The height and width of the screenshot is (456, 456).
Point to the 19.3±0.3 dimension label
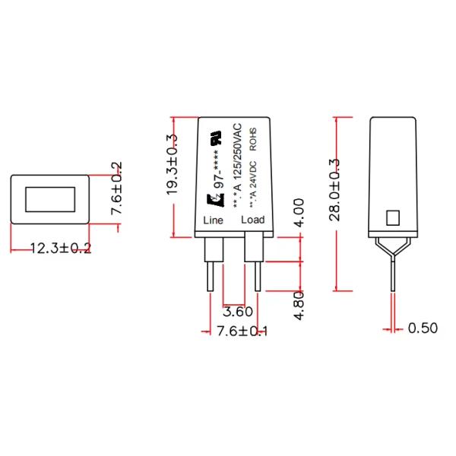172,166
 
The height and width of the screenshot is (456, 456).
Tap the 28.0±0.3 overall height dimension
335,190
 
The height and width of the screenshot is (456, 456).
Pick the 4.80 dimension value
299,304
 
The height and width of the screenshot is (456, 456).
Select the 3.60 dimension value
237,312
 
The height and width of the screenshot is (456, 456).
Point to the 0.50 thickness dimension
423,328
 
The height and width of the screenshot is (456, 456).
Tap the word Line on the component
214,220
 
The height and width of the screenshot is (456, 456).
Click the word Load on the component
252,220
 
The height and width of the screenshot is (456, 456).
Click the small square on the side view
393,218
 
